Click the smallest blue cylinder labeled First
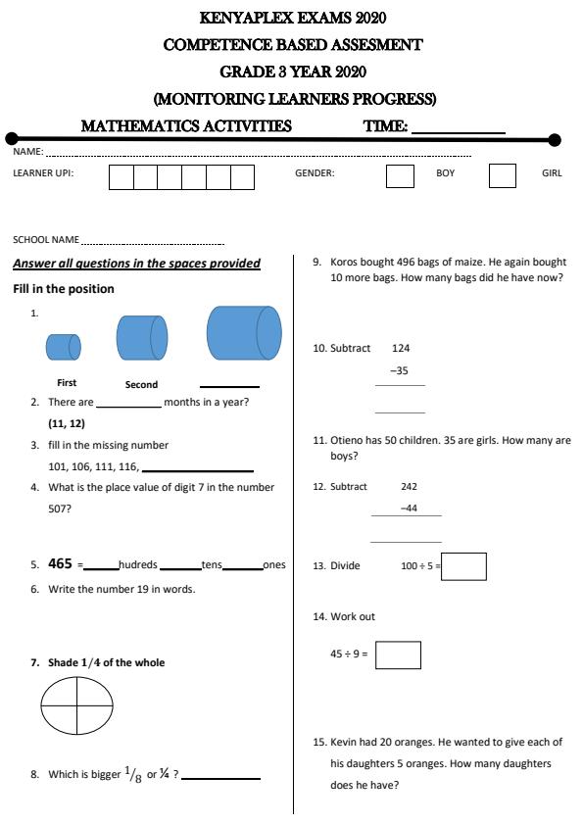tap(63, 347)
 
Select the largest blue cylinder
tap(243, 333)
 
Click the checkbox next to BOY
tap(400, 176)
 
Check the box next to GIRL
tap(502, 176)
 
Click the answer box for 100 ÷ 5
tap(463, 566)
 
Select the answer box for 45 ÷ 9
tap(398, 654)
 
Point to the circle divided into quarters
tap(78, 705)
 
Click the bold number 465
tap(60, 563)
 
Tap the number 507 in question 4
tap(60, 509)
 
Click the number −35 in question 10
tap(399, 371)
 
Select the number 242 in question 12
tap(410, 486)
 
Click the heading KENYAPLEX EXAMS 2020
tap(292, 18)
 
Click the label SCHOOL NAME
tap(46, 239)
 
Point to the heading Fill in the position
tap(64, 289)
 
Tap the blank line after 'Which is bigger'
tap(221, 777)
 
